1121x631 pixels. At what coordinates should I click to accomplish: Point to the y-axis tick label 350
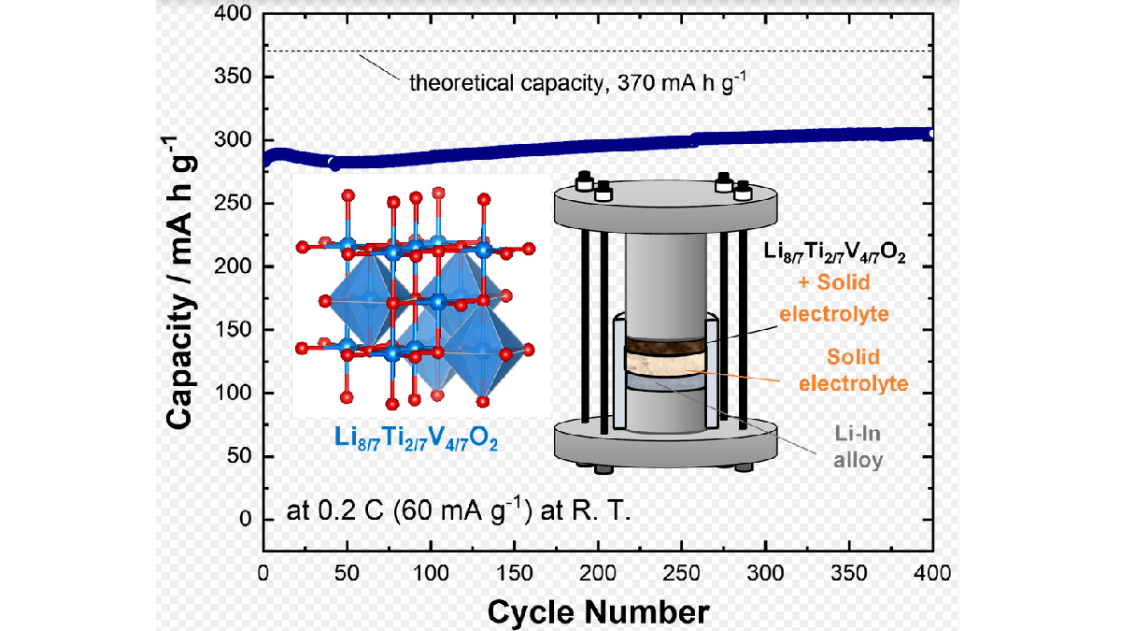coord(235,77)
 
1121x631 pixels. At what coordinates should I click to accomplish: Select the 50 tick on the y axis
coord(240,456)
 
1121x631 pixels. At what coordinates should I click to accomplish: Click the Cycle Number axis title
coord(598,612)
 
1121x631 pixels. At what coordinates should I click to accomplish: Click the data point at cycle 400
coord(931,135)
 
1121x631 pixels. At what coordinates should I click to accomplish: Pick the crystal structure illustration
coord(417,299)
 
